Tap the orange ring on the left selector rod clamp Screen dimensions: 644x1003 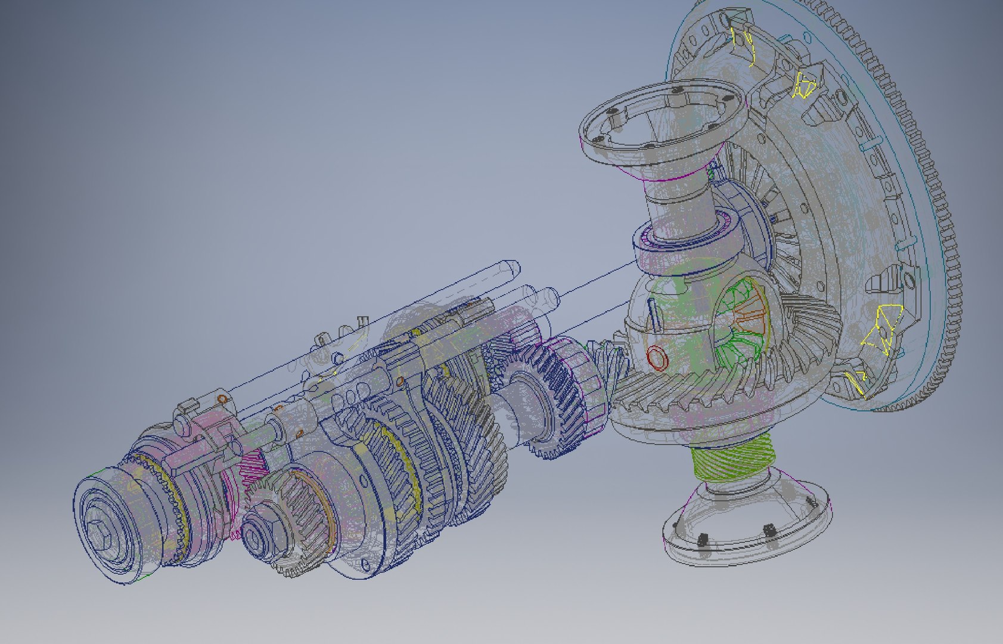(x=222, y=399)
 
